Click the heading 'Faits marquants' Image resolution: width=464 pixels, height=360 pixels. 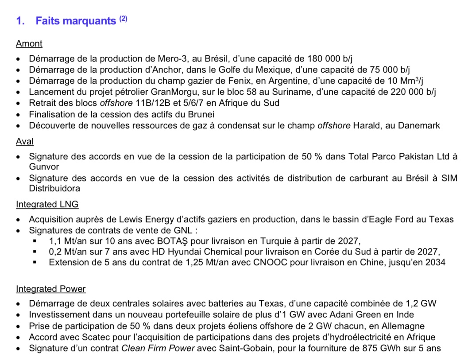tap(76, 21)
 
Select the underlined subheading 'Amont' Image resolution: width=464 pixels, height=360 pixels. tap(29, 44)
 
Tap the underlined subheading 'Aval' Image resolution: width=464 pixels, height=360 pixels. tap(25, 142)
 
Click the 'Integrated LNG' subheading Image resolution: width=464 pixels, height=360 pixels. tap(47, 204)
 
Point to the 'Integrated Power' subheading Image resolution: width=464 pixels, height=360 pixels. tap(51, 289)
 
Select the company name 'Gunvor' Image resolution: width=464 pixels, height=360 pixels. tap(43, 167)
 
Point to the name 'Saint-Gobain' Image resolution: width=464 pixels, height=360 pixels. tap(243, 348)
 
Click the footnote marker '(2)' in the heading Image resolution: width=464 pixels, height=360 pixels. tap(123, 19)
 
